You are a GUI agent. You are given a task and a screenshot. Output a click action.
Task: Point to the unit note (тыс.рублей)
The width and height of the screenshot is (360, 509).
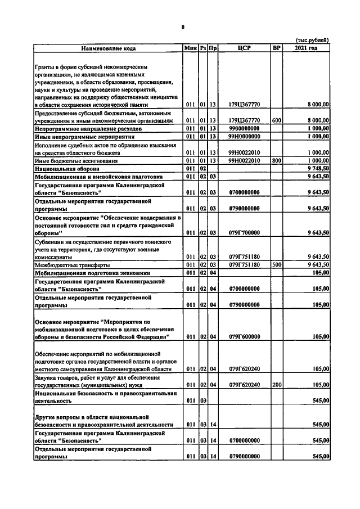coord(312,39)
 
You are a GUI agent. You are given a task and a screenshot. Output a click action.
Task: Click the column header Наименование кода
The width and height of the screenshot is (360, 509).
coord(109,48)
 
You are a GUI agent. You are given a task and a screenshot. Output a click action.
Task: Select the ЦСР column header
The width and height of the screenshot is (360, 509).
coord(244,48)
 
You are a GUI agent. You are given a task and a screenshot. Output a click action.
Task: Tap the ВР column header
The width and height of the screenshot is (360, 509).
coord(276,48)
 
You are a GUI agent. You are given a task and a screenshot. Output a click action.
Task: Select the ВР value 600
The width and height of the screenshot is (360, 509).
coord(276,120)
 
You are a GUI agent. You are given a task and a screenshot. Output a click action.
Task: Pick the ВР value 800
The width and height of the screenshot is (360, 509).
coord(276,160)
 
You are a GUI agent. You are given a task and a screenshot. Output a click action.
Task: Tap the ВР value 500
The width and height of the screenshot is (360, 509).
coord(276,264)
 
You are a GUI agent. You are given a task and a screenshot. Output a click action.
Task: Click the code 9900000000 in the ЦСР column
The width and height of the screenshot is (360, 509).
coord(244,128)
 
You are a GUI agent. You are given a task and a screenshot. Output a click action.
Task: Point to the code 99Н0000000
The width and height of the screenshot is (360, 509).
coord(244,136)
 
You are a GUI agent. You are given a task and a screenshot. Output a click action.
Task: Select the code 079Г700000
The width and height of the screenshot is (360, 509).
coord(244,232)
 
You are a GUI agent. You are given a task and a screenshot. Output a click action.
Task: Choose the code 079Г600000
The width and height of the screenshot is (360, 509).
coord(244,336)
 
